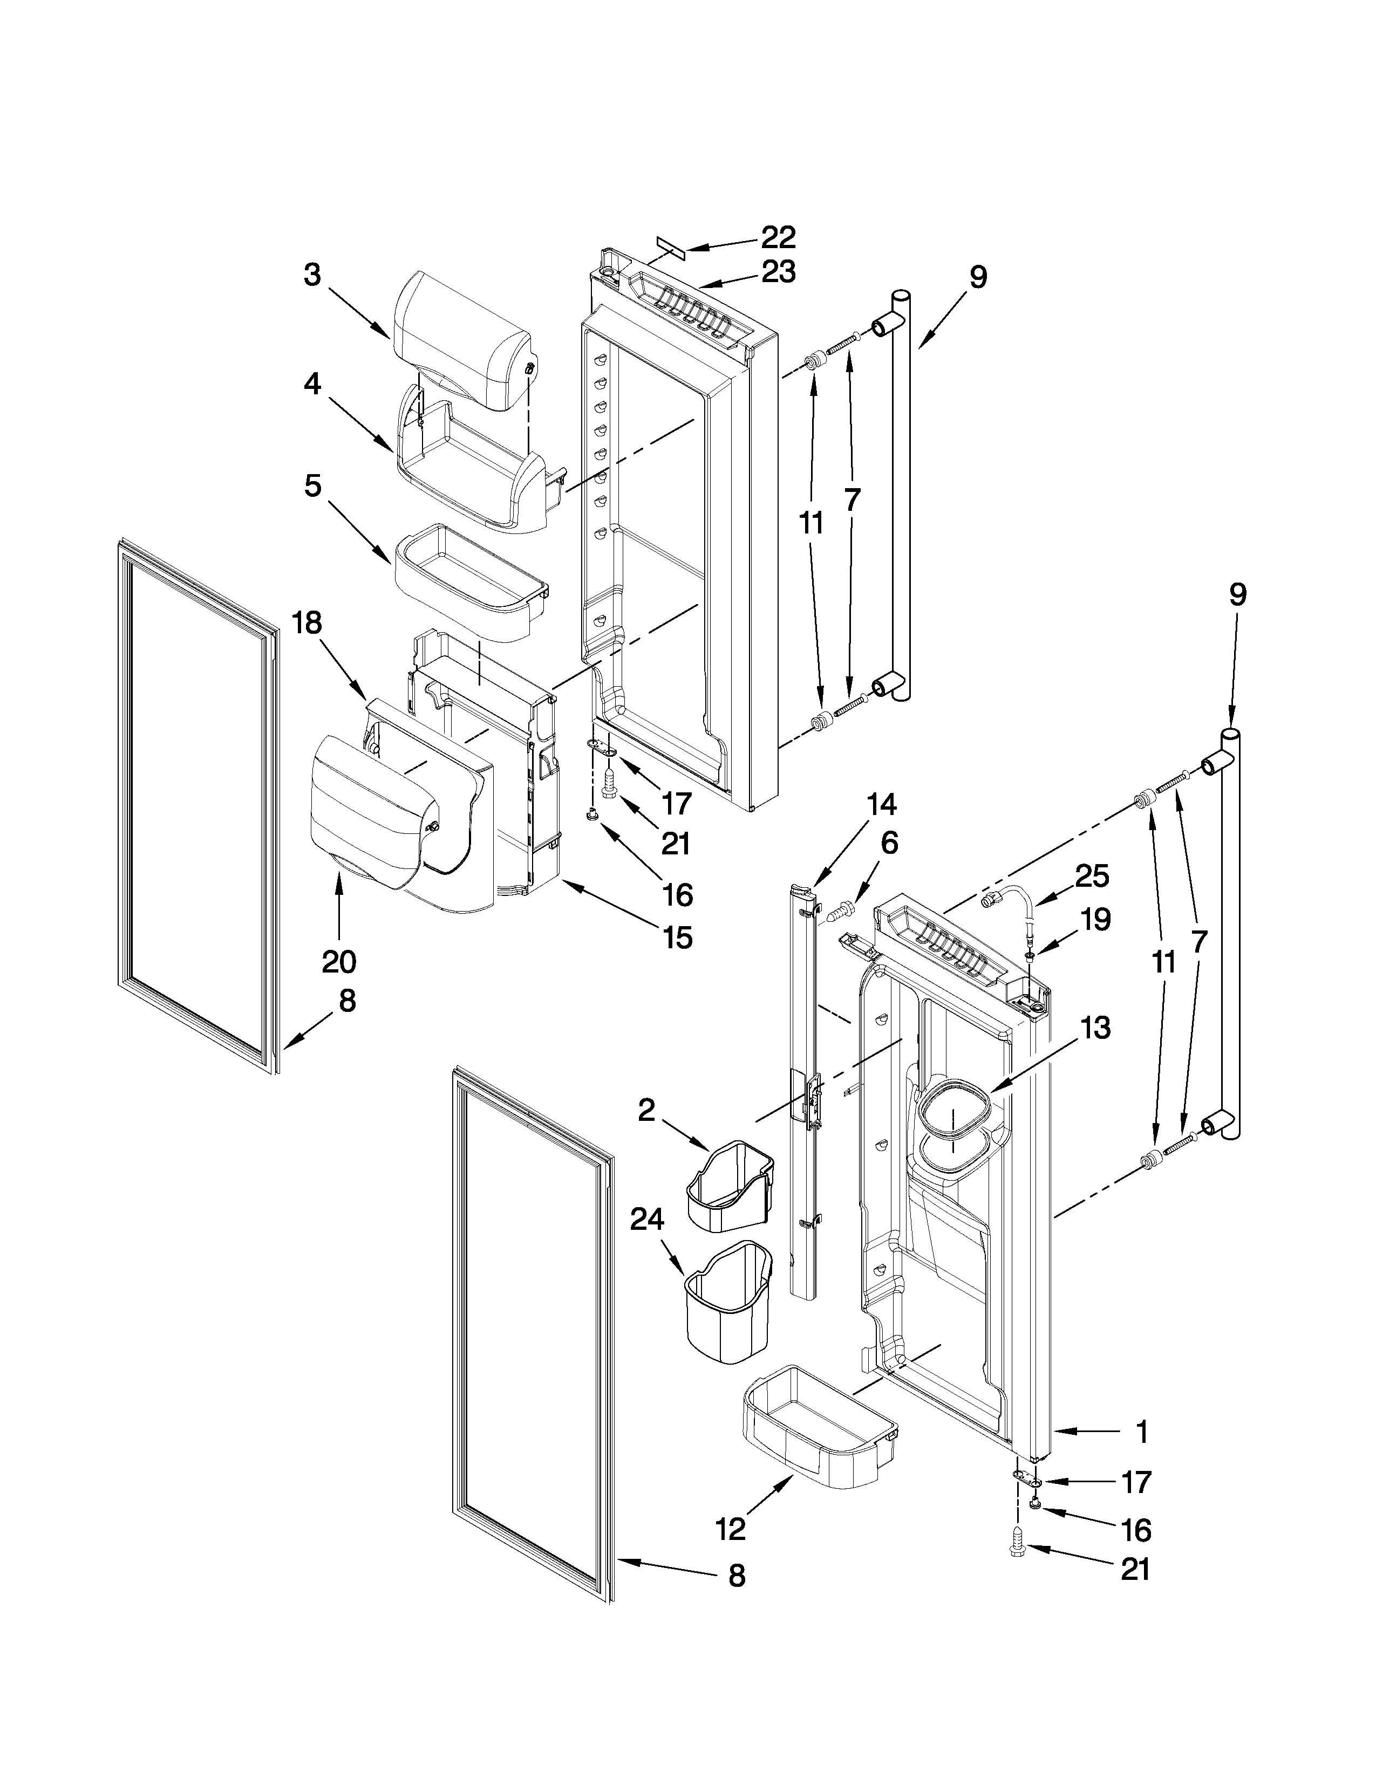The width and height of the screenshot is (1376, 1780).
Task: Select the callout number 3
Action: pyautogui.click(x=312, y=276)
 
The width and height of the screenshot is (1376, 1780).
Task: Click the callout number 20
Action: pyautogui.click(x=339, y=962)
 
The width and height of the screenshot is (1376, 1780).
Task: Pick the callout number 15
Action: pyautogui.click(x=677, y=937)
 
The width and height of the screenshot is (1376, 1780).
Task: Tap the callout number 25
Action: pyautogui.click(x=1092, y=876)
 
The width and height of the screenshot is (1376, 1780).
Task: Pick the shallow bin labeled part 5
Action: pyautogui.click(x=471, y=581)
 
